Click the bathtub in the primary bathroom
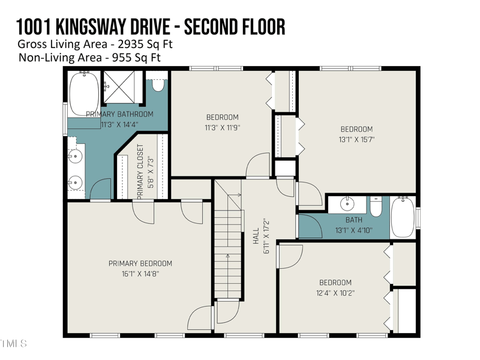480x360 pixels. (84, 94)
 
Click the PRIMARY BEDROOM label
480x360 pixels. (140, 263)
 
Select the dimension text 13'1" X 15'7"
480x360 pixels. (356, 139)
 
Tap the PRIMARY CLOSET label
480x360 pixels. (140, 172)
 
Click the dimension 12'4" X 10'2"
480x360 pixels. (335, 293)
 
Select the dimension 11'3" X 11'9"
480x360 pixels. (223, 127)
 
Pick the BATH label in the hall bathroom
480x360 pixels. (354, 220)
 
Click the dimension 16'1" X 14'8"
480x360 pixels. (140, 274)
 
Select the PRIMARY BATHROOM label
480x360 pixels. (119, 114)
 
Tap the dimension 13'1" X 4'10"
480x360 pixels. (354, 230)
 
